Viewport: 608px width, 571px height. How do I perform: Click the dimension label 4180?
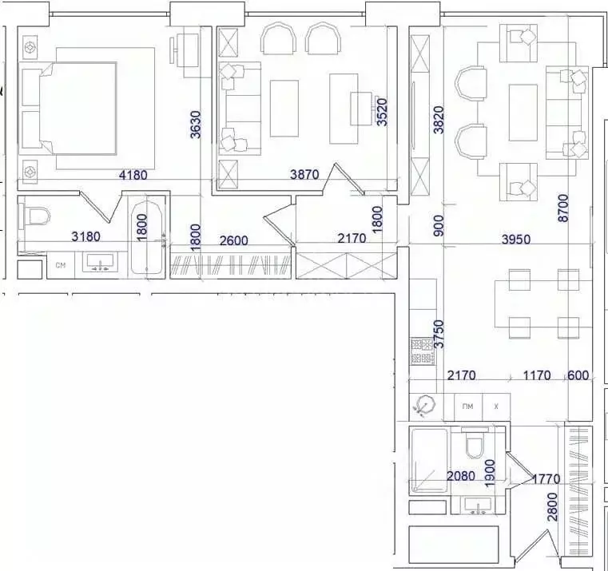(x=133, y=175)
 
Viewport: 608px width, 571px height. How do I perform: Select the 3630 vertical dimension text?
(x=196, y=124)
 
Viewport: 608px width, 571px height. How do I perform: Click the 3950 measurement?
(x=515, y=239)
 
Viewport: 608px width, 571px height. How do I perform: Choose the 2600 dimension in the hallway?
(x=233, y=240)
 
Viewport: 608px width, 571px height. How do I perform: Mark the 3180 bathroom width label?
(x=86, y=236)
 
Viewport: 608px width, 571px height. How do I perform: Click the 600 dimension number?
(x=578, y=375)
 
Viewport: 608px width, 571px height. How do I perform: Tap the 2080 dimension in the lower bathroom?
(x=461, y=476)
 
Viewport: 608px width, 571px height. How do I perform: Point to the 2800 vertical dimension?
(x=552, y=507)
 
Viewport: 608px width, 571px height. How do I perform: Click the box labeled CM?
(x=60, y=265)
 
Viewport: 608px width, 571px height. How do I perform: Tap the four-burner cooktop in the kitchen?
(x=422, y=351)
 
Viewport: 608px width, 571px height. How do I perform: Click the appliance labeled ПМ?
(x=467, y=406)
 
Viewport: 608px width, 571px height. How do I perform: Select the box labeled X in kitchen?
(x=496, y=406)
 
